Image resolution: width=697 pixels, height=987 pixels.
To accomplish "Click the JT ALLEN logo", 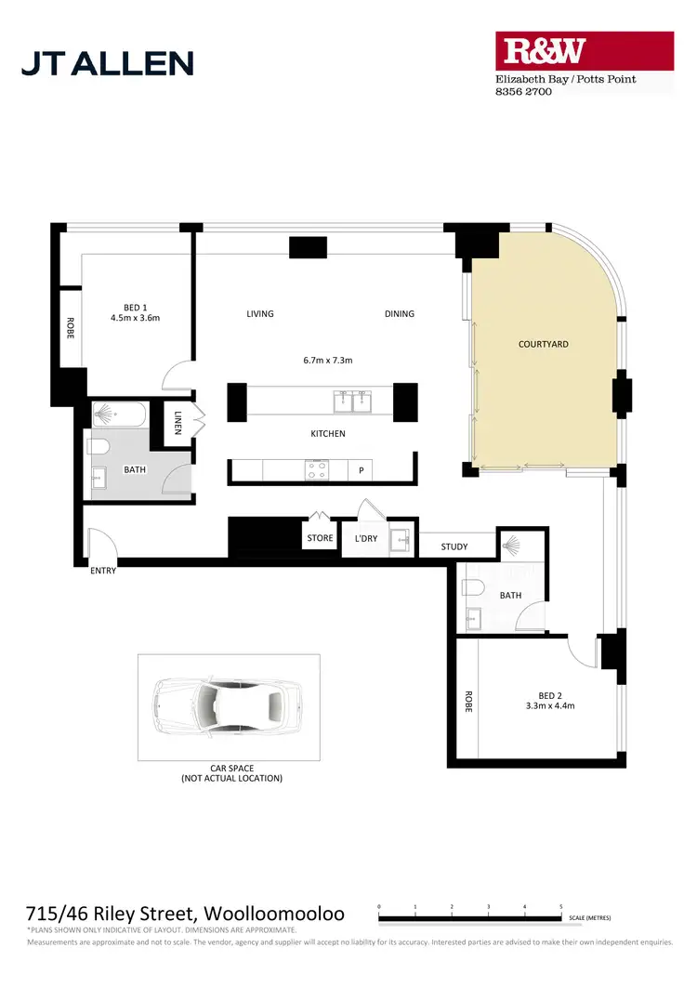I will tap(107, 62).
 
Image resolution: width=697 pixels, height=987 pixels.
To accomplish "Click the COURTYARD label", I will tap(543, 345).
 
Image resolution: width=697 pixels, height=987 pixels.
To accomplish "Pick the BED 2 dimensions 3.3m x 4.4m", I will tap(550, 706).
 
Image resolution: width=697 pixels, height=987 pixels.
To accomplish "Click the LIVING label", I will tap(260, 314).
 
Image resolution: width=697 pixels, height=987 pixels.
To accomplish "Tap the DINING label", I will tap(400, 314).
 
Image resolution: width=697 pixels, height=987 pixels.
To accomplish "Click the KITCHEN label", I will tap(328, 434).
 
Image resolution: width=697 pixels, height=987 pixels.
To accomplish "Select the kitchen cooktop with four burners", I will tap(316, 471).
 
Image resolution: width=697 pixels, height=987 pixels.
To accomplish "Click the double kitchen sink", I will tap(352, 401).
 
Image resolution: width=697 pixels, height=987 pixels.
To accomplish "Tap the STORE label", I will tap(320, 538).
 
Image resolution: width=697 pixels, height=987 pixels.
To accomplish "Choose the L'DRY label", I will tap(364, 538).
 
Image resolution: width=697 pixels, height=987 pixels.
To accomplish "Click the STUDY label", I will tap(454, 547).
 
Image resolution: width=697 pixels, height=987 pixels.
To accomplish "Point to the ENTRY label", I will tap(103, 571).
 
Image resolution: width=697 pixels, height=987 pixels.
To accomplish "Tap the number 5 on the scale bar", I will tap(560, 906).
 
